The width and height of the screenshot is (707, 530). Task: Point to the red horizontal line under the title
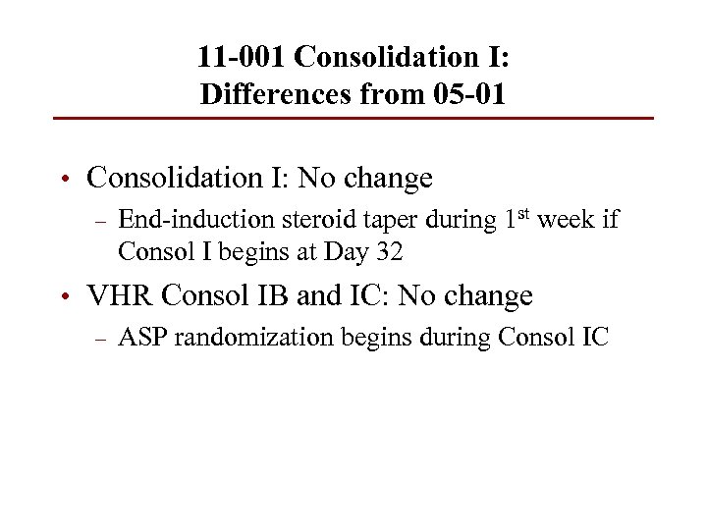pos(353,119)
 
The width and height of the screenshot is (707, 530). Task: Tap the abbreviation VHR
pos(119,295)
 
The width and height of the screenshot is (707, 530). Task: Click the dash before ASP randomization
pos(97,340)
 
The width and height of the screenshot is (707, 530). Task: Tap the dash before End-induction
pos(97,221)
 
